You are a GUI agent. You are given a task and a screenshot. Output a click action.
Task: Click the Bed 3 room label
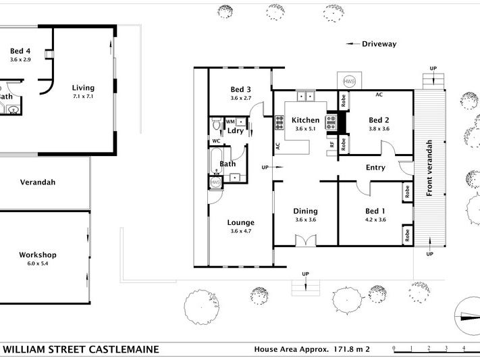pyautogui.click(x=240, y=90)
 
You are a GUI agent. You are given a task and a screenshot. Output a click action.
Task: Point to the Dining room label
pyautogui.click(x=306, y=211)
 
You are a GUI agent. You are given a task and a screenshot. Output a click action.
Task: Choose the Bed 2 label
pyautogui.click(x=379, y=120)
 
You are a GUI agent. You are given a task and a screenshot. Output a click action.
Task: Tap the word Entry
pyautogui.click(x=375, y=168)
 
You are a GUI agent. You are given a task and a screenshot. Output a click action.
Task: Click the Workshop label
pyautogui.click(x=38, y=255)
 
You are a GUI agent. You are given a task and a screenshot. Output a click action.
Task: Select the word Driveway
pyautogui.click(x=379, y=44)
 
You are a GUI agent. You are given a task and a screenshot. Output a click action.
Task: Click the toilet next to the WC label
pyautogui.click(x=215, y=126)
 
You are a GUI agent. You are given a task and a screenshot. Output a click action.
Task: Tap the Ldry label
pyautogui.click(x=235, y=130)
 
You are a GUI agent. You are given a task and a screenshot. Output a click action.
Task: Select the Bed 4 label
pyautogui.click(x=20, y=51)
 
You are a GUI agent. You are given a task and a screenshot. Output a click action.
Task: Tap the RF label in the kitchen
pyautogui.click(x=332, y=145)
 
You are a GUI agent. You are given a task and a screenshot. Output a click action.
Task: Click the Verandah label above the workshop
pyautogui.click(x=38, y=182)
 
